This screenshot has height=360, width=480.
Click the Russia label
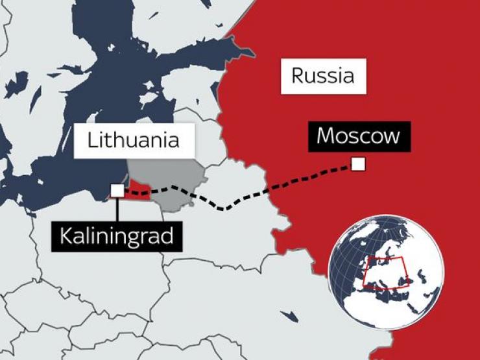click(323, 76)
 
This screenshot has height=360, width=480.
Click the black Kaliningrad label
click(117, 235)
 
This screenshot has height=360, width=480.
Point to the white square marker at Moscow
click(358, 164)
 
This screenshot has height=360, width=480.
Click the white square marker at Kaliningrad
click(117, 190)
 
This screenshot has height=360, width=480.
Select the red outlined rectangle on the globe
click(383, 271)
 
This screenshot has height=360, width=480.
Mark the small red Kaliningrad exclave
click(140, 191)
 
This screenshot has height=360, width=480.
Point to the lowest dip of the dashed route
click(224, 209)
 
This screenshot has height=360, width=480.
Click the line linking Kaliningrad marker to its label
click(117, 209)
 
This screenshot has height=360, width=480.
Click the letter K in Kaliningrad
click(66, 235)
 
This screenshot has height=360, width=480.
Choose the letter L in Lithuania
click(92, 140)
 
